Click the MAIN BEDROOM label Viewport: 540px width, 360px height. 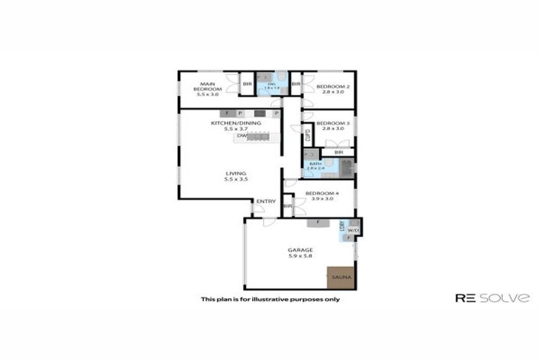208,86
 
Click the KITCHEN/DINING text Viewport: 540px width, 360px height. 236,123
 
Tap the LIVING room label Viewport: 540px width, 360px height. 236,173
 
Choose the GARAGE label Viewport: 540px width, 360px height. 300,250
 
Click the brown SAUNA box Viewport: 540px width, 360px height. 341,278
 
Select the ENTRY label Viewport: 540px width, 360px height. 266,202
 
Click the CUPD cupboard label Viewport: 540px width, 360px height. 308,135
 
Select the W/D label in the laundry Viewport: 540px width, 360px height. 353,230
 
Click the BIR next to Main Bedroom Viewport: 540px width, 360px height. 247,85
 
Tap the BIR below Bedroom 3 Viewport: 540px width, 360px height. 338,152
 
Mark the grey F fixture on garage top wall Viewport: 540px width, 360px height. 318,223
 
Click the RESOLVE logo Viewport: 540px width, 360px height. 492,298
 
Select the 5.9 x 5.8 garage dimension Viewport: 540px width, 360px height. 300,257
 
